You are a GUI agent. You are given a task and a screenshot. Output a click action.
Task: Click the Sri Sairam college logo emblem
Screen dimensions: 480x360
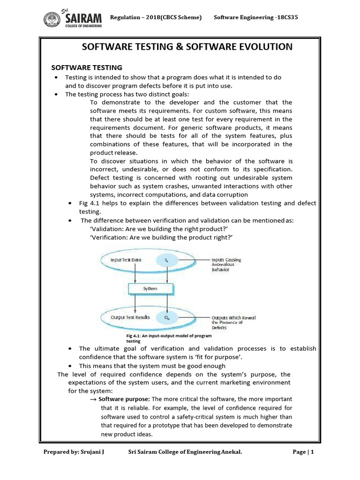tap(50, 20)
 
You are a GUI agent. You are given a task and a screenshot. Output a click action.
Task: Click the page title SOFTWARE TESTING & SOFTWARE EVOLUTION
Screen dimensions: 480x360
tap(187, 46)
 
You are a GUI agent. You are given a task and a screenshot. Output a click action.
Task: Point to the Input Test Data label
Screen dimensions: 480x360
tap(125, 259)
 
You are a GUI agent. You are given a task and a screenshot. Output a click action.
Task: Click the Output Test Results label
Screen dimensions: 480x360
tap(130, 317)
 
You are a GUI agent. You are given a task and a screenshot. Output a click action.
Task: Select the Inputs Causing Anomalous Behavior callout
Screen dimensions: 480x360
tap(228, 265)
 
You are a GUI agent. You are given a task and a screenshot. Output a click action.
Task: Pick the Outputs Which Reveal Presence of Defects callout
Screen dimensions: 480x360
tap(233, 322)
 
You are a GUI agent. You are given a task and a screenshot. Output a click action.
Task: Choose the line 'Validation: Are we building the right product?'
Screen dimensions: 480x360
tap(161, 229)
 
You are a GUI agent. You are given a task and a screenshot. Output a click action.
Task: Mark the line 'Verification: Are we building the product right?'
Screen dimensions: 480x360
tap(161, 238)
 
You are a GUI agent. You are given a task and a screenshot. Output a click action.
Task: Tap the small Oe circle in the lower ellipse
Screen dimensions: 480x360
tap(167, 318)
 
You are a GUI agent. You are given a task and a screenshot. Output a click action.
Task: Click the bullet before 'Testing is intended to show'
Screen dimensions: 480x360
tap(56, 77)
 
